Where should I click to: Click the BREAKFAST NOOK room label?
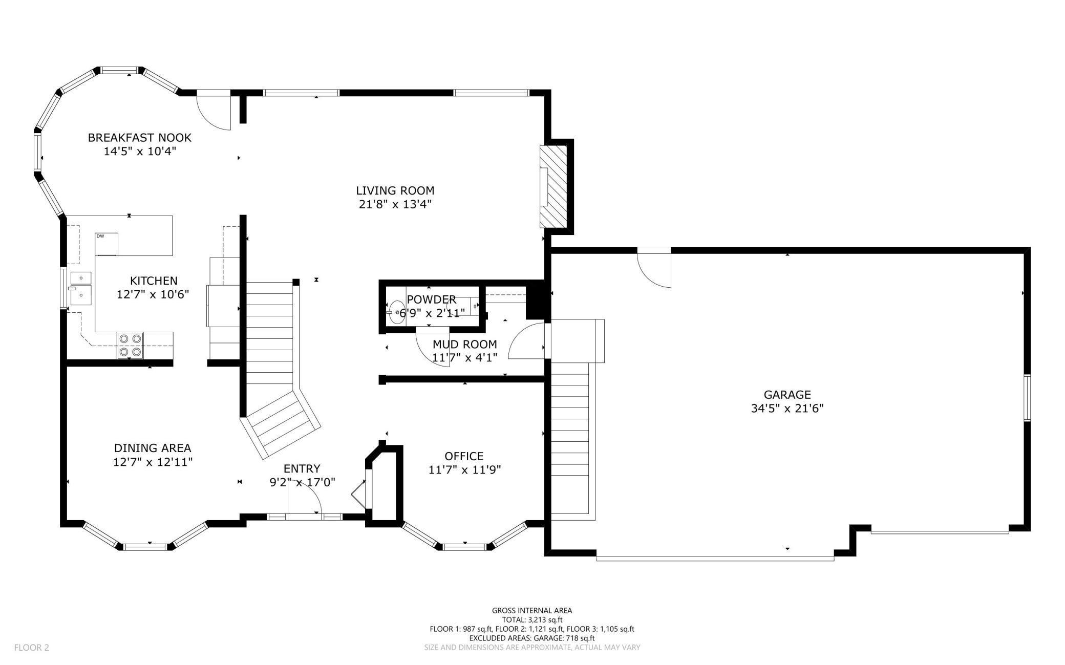tap(139, 138)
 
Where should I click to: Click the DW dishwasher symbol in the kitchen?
tap(106, 244)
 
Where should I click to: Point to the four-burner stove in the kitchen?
tap(130, 345)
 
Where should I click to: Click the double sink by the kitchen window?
tap(81, 287)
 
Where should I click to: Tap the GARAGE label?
tap(787, 395)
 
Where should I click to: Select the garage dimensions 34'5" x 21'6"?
tap(787, 409)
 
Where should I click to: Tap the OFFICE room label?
tap(464, 456)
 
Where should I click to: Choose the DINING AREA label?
tap(153, 448)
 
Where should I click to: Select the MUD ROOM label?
tap(464, 344)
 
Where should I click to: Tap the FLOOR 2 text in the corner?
tap(32, 648)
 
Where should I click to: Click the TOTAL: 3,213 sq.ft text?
tap(532, 619)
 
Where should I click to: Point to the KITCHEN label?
tap(154, 281)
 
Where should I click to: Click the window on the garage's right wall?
tap(1027, 398)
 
